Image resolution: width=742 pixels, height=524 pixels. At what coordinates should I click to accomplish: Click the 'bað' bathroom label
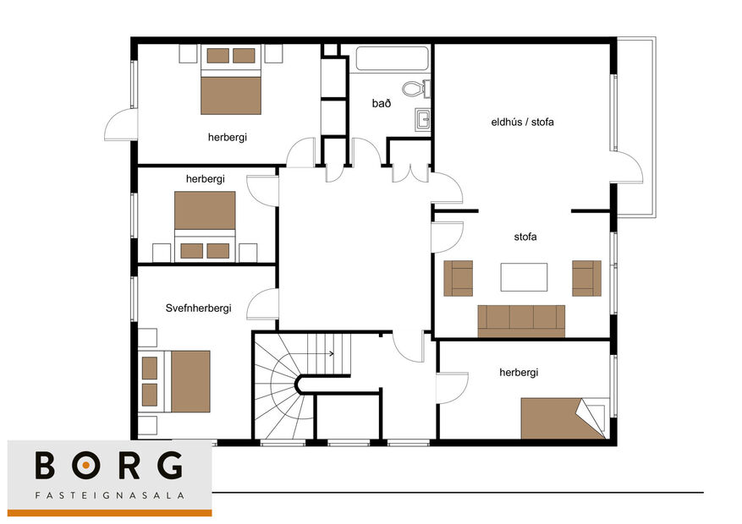click(381, 103)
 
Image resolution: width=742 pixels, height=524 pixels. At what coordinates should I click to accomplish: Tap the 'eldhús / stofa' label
click(522, 123)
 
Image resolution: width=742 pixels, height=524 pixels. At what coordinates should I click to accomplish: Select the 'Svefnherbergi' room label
click(199, 308)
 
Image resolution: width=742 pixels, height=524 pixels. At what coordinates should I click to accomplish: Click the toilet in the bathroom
click(415, 87)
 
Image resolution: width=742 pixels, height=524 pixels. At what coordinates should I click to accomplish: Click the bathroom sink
click(423, 119)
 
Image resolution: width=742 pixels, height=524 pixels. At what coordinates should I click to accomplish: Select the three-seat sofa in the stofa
click(521, 320)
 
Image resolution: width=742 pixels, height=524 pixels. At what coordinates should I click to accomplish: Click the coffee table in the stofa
click(524, 277)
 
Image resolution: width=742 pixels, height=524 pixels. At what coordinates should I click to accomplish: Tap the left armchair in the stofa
click(459, 278)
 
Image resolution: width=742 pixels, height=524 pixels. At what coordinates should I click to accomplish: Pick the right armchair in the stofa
click(586, 278)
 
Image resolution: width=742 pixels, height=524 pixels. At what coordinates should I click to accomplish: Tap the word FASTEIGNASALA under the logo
click(109, 495)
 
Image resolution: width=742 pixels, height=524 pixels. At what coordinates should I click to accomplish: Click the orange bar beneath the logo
click(109, 512)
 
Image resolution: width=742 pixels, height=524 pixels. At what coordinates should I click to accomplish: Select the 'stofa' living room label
click(525, 237)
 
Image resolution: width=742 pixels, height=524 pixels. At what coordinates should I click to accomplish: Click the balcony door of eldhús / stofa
click(627, 167)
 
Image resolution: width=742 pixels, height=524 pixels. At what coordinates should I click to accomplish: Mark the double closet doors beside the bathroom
click(409, 172)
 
